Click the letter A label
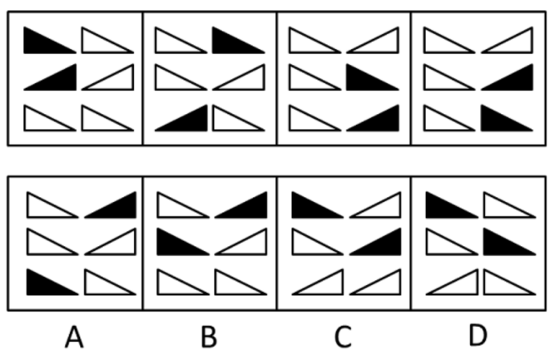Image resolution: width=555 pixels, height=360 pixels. [74, 337]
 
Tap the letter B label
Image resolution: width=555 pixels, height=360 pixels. [209, 337]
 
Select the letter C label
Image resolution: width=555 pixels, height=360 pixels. [343, 337]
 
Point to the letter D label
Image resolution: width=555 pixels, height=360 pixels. [478, 335]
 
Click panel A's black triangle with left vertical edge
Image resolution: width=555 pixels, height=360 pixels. [52, 282]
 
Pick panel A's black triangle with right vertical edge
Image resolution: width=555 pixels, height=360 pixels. [111, 205]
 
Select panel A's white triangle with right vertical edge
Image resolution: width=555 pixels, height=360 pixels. [111, 242]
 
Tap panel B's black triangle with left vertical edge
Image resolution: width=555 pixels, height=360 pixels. [183, 242]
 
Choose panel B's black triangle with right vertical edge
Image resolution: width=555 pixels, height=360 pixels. [241, 205]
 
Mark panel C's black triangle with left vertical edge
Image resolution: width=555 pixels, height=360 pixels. [318, 205]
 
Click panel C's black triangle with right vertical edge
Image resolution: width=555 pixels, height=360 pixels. [375, 242]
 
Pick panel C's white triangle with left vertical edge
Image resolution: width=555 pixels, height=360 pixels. [318, 242]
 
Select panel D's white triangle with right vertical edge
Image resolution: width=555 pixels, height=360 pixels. [453, 282]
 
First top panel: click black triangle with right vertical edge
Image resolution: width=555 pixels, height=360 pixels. [50, 77]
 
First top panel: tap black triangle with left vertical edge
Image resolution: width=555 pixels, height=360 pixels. [50, 40]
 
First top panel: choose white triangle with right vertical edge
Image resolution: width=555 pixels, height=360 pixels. [108, 77]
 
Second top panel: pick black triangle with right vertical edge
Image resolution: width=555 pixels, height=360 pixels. [181, 118]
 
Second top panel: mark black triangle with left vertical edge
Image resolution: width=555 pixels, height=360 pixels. [239, 40]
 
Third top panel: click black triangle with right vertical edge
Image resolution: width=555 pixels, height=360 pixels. [373, 118]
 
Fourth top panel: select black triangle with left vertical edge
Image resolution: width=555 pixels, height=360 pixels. [507, 118]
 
